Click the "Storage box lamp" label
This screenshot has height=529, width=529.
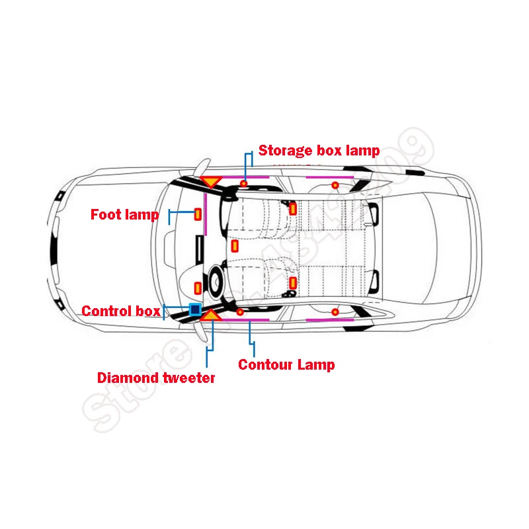pyautogui.click(x=319, y=150)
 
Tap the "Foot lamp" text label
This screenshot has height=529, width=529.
pyautogui.click(x=124, y=214)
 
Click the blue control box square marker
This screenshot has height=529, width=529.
pyautogui.click(x=194, y=309)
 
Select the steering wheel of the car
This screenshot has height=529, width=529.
pyautogui.click(x=216, y=280)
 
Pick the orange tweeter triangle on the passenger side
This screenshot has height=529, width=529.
pyautogui.click(x=211, y=181)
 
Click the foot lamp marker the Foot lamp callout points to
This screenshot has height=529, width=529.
pyautogui.click(x=197, y=214)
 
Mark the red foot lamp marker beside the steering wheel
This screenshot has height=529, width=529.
pyautogui.click(x=197, y=287)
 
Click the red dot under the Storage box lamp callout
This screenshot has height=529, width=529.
pyautogui.click(x=244, y=183)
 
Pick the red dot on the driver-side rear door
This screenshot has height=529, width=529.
pyautogui.click(x=335, y=311)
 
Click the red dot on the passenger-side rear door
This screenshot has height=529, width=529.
pyautogui.click(x=335, y=184)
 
